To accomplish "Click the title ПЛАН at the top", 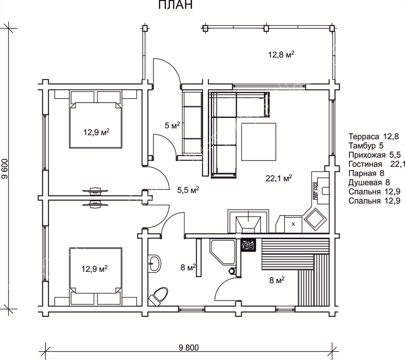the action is point(175,4).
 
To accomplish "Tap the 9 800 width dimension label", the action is point(189,347).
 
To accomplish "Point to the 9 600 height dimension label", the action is point(5,169).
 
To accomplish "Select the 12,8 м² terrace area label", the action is point(281,54).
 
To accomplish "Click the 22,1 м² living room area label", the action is point(279,178).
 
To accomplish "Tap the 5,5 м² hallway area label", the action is point(188,190).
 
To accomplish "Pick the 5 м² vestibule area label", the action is point(172,126).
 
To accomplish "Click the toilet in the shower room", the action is point(158,296).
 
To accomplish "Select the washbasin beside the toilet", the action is point(155,263).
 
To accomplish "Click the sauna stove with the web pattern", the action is point(248,245).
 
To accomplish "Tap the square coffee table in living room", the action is point(259,142).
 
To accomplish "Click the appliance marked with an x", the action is point(293,224).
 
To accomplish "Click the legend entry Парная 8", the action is point(366,173).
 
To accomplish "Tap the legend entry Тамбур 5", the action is point(366,145).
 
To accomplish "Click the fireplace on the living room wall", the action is point(248,221).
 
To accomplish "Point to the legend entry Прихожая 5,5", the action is point(374,155).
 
